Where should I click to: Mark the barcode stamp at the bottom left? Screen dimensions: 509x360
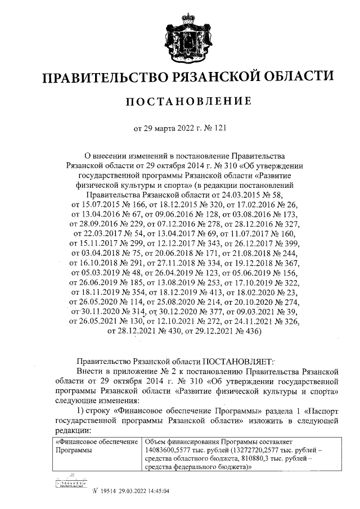[70, 484]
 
